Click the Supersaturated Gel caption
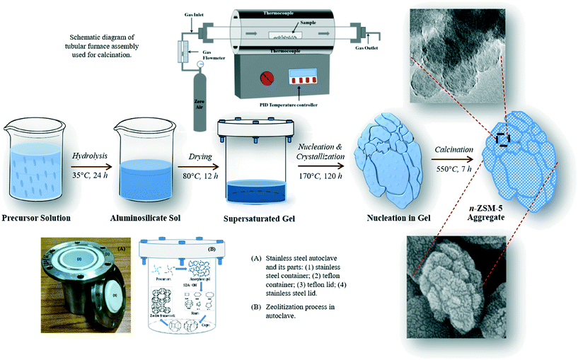tap(260, 214)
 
